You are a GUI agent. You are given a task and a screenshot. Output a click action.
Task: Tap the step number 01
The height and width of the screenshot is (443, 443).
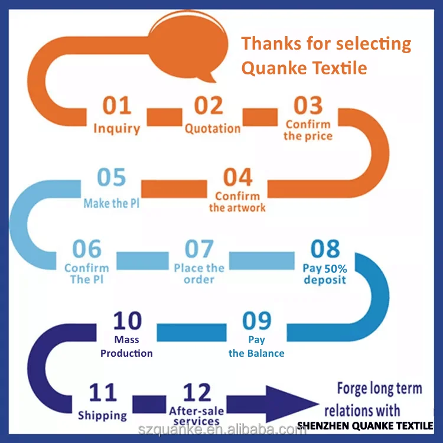click(117, 106)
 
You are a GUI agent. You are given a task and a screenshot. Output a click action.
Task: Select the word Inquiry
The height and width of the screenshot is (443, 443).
click(117, 128)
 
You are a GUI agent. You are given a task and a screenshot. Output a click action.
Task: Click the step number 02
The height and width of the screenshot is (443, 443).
click(209, 106)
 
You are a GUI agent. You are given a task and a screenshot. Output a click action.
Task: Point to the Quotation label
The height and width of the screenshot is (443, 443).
click(213, 128)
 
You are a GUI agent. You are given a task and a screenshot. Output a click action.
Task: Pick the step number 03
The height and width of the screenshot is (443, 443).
click(308, 106)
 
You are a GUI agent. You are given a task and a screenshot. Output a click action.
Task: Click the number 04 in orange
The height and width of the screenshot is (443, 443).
click(237, 177)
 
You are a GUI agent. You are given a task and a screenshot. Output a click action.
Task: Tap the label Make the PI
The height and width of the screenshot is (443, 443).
click(112, 203)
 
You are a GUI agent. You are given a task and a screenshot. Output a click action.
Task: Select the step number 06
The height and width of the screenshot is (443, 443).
click(87, 249)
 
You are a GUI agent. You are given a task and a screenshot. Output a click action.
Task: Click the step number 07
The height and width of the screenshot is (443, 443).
click(199, 249)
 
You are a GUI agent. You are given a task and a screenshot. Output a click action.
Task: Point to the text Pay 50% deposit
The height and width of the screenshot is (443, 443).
click(325, 273)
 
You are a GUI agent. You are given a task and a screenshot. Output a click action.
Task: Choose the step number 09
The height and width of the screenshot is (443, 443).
click(257, 321)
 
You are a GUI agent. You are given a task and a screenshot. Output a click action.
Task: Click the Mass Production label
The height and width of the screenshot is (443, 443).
click(126, 347)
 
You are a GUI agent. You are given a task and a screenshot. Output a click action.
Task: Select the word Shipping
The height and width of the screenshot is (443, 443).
click(102, 415)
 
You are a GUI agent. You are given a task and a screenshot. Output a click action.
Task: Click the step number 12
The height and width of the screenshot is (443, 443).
click(197, 392)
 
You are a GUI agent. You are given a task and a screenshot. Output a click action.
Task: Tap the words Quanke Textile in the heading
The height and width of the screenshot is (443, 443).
click(304, 68)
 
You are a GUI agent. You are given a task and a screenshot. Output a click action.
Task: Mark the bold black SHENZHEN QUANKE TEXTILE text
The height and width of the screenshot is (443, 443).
click(364, 425)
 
